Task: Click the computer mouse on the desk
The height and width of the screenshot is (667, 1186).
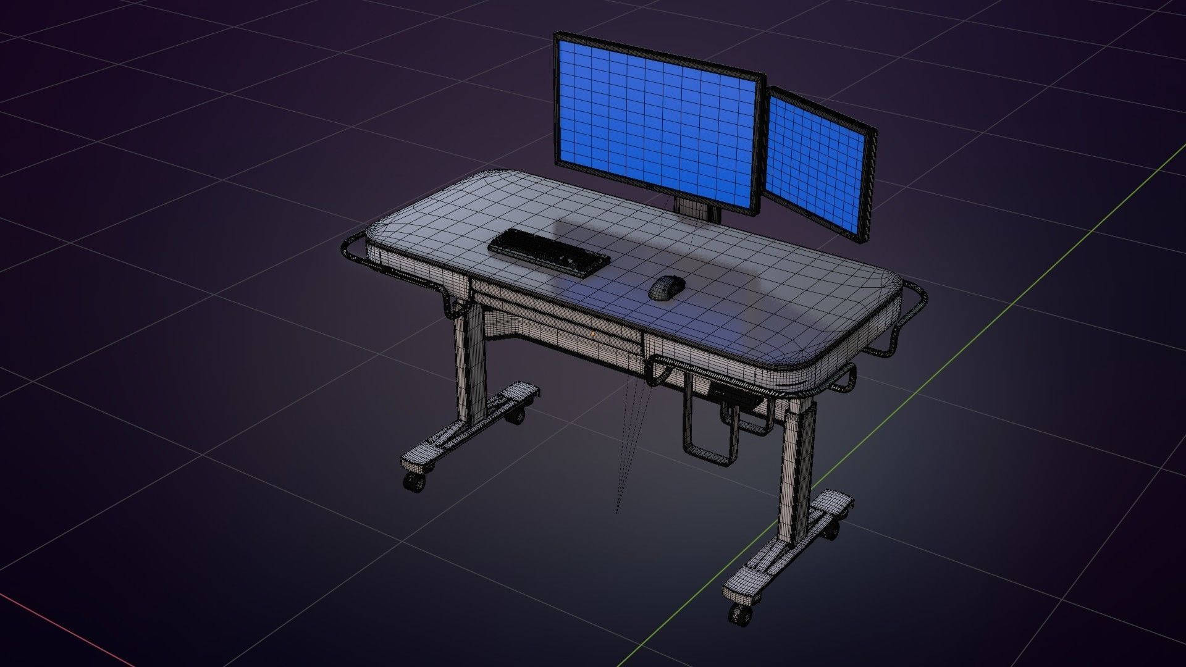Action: tap(667, 288)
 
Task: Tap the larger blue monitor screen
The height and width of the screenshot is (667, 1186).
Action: tap(657, 120)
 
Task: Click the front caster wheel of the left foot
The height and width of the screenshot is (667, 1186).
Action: tap(414, 482)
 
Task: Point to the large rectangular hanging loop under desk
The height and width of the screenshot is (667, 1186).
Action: tap(710, 426)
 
